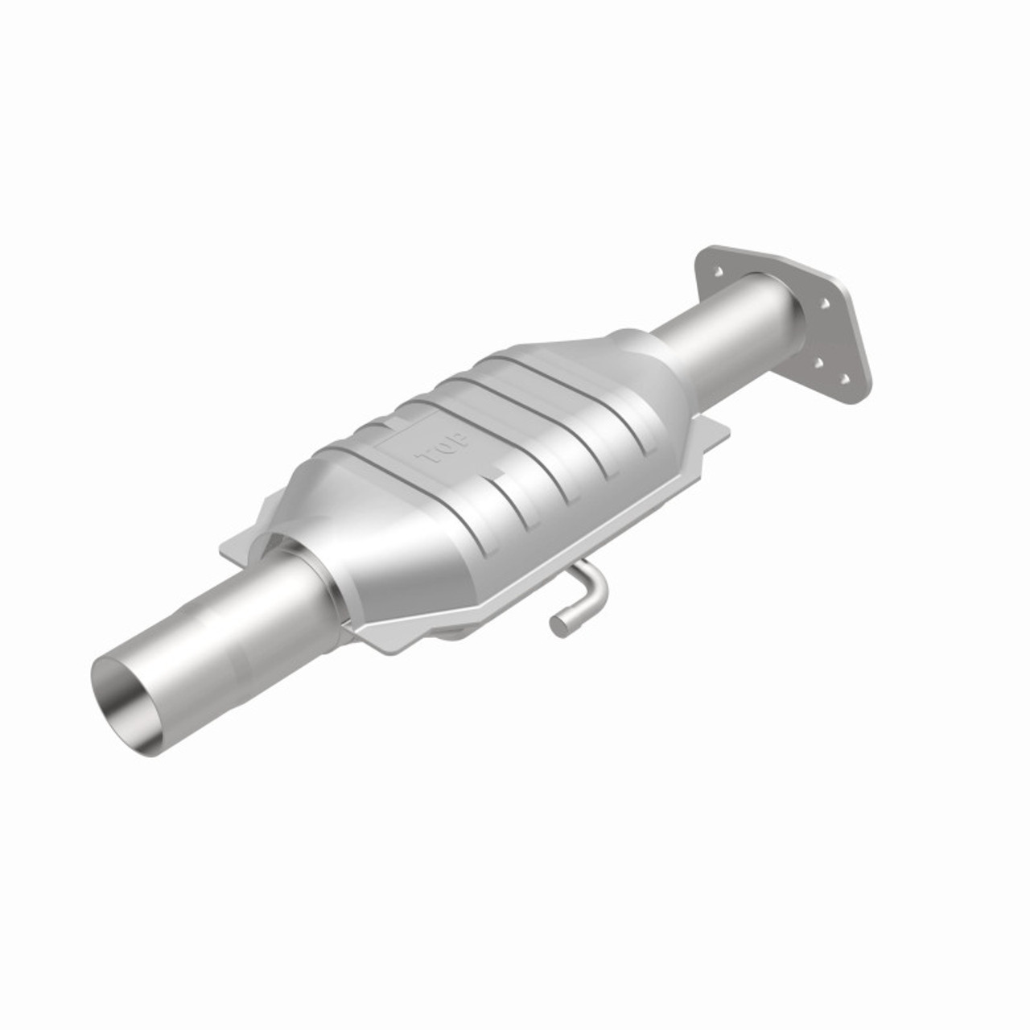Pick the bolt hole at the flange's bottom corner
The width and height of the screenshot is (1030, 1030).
pyautogui.click(x=844, y=377)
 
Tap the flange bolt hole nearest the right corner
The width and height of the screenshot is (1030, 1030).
pyautogui.click(x=825, y=304)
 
